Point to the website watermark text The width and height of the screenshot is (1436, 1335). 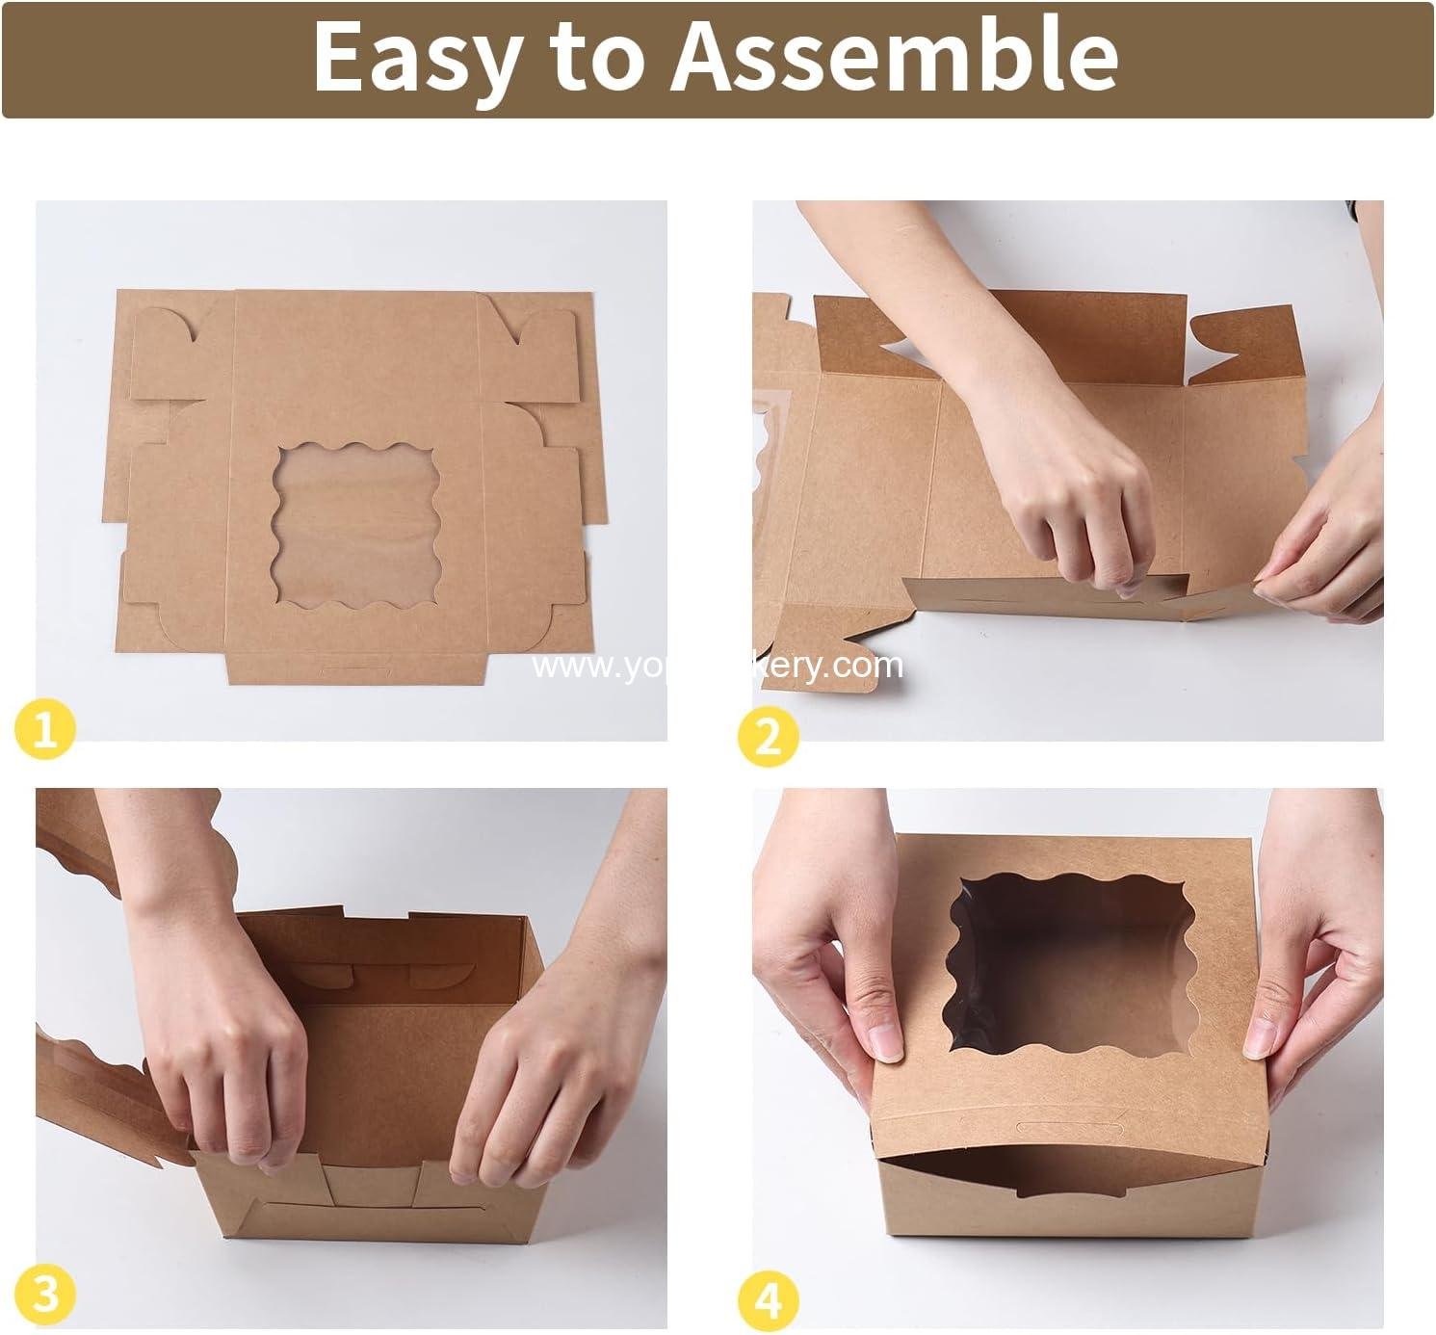[718, 666]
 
